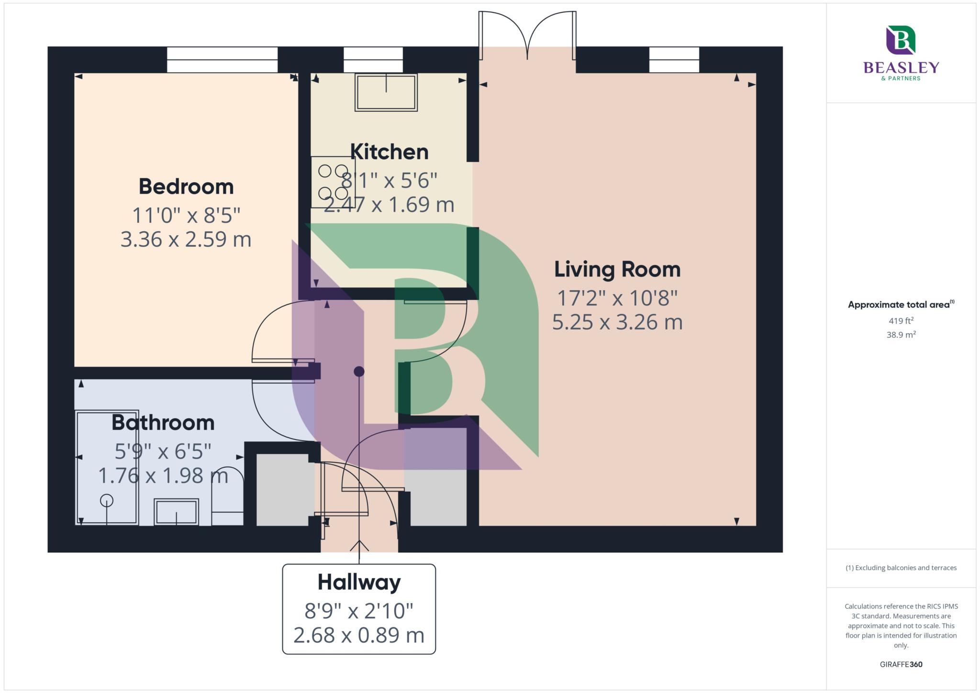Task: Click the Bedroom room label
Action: coord(186,187)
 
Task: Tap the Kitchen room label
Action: coord(389,152)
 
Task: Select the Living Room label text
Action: coord(617,269)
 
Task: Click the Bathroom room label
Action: coord(163,423)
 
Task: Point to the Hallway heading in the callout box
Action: coord(359,583)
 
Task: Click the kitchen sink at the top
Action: coord(386,92)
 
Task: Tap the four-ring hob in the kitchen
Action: coord(333,182)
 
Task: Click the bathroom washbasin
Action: coord(176,512)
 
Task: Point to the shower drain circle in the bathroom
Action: coord(106,501)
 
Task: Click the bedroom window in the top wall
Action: coord(222,60)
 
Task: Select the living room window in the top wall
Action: coord(674,60)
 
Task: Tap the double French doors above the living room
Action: coord(527,36)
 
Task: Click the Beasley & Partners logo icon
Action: coord(901,40)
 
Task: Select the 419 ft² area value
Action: coord(901,321)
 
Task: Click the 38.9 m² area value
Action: coord(901,335)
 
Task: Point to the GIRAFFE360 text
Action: coord(901,664)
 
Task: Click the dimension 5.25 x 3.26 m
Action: coord(617,322)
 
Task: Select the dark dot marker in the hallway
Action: coord(359,371)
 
